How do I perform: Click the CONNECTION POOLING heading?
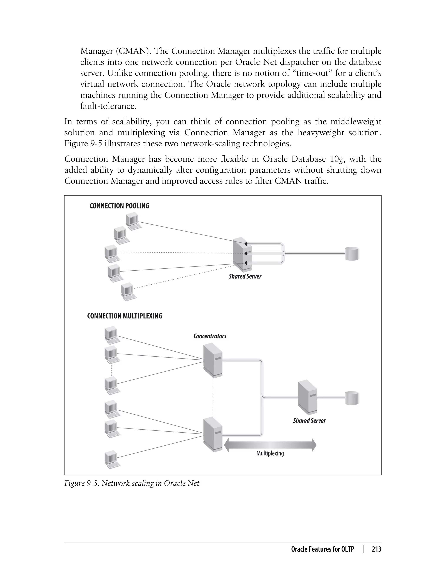[x=119, y=206]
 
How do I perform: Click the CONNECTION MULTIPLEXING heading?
[x=125, y=316]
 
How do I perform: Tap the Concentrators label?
[x=210, y=336]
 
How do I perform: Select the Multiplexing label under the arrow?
[x=270, y=453]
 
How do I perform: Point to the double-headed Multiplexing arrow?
[x=270, y=445]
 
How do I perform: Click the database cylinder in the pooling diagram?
[x=352, y=254]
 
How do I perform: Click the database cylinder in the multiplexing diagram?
[x=352, y=398]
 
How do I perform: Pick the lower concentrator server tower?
[x=213, y=434]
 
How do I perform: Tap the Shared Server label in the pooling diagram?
[x=245, y=276]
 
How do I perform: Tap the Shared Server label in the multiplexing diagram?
[x=309, y=421]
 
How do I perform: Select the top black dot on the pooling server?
[x=246, y=243]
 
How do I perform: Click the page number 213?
[x=376, y=549]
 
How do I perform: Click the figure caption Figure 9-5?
[x=132, y=483]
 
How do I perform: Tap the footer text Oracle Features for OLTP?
[x=322, y=549]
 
